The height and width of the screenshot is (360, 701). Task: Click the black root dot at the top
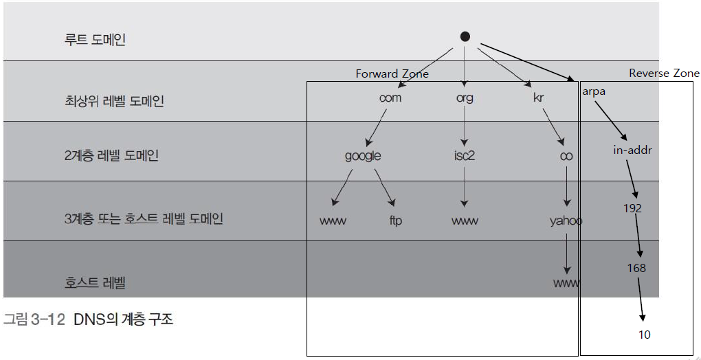[x=465, y=36]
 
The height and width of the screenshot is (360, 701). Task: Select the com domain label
[x=390, y=98]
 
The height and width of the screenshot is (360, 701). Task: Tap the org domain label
[x=465, y=98]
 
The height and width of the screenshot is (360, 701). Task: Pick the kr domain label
[x=538, y=98]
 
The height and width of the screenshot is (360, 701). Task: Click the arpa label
[x=593, y=91]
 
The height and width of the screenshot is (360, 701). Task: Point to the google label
[x=362, y=156]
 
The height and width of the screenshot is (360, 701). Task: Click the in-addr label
[x=632, y=149]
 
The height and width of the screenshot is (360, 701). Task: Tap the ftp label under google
[x=395, y=221]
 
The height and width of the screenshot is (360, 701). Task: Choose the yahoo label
[x=566, y=221]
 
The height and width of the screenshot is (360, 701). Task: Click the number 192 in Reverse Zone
[x=632, y=207]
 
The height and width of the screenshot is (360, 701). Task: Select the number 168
[x=636, y=268]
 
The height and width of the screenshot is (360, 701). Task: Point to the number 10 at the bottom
[x=643, y=335]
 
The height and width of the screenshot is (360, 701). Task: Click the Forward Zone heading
[x=392, y=74]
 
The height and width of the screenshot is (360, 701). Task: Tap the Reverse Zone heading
[x=664, y=73]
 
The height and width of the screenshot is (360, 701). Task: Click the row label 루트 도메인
[x=95, y=39]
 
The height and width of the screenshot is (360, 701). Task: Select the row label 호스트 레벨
[x=95, y=282]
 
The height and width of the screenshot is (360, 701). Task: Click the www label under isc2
[x=465, y=221]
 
